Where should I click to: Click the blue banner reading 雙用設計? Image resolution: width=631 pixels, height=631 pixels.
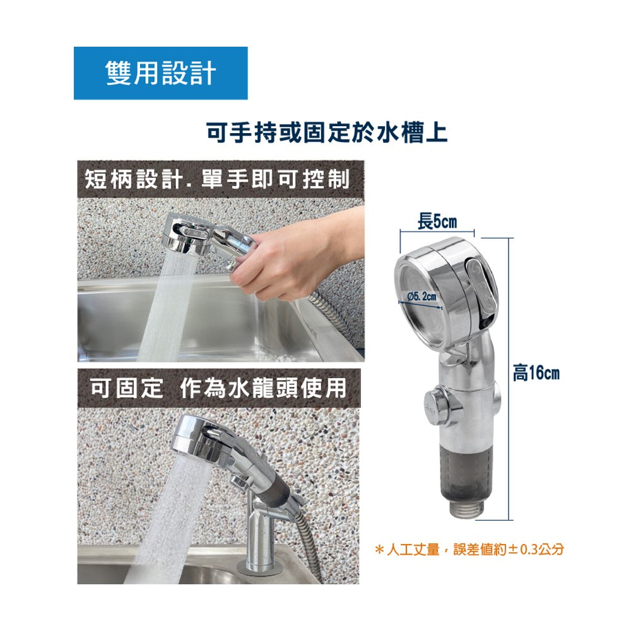click(x=160, y=73)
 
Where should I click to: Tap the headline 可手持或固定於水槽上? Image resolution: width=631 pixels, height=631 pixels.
click(x=327, y=133)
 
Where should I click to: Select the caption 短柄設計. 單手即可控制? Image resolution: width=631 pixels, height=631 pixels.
click(x=217, y=179)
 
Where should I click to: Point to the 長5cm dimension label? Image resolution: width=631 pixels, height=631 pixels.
click(x=437, y=221)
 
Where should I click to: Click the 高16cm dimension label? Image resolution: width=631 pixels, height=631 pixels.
click(x=536, y=373)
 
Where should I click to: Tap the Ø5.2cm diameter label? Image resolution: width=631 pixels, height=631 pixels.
click(x=422, y=297)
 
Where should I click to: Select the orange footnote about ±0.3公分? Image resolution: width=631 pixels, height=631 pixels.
click(x=469, y=550)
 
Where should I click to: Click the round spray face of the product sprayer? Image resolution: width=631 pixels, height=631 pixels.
click(x=420, y=303)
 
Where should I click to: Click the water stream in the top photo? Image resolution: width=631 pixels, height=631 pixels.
click(x=168, y=306)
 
